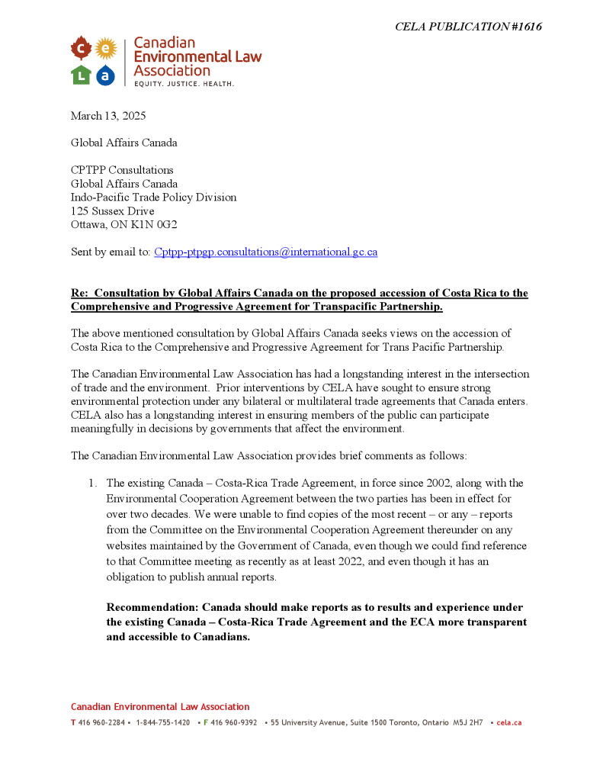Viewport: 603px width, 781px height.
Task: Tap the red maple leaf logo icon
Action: pos(81,50)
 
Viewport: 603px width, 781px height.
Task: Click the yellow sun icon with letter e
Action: pos(106,50)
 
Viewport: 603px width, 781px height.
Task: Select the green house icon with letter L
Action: pos(81,75)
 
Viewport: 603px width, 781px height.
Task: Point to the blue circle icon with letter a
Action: pos(106,75)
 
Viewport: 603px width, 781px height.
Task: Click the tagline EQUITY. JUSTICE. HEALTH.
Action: pos(184,83)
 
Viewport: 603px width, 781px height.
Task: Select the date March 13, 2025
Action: pos(108,116)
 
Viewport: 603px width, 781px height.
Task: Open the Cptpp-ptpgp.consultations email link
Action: pos(265,252)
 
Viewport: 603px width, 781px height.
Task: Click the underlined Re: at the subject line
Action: pos(79,293)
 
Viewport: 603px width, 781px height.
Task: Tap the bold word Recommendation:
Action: pos(156,607)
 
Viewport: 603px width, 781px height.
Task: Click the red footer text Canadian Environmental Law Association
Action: pos(160,707)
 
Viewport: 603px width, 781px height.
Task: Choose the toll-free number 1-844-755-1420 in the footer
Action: pos(162,722)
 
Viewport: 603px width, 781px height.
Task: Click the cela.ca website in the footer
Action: pos(508,722)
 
